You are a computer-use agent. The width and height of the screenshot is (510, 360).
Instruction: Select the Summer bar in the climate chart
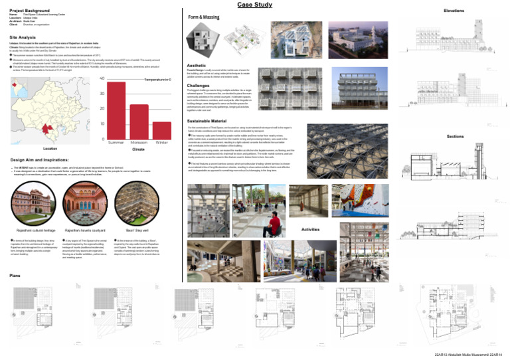tap(116, 110)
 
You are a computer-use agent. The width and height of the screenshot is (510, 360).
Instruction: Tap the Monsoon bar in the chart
tap(139, 122)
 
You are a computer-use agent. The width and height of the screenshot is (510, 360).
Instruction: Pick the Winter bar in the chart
tap(161, 130)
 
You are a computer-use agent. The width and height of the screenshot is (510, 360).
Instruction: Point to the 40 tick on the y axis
tap(102, 79)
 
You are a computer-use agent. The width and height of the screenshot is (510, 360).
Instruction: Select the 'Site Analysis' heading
tap(23, 38)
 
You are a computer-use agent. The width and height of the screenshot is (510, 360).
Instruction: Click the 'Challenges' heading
tap(199, 86)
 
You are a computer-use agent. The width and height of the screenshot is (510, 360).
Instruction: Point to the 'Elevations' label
tap(454, 11)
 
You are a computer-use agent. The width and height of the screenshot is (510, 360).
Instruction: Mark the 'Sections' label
tap(455, 136)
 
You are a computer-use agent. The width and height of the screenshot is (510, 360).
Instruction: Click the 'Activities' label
tap(311, 228)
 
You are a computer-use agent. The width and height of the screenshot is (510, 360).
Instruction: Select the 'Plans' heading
tap(15, 275)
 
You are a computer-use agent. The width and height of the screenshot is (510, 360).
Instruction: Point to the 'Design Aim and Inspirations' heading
tap(41, 161)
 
